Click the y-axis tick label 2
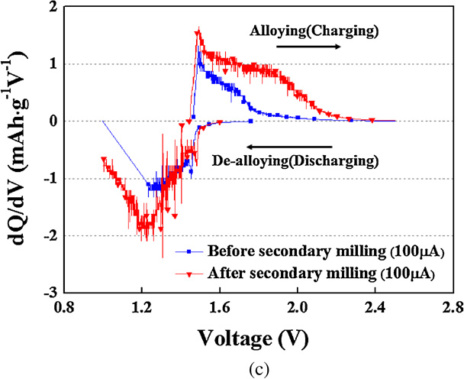click(x=53, y=8)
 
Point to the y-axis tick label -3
click(x=50, y=292)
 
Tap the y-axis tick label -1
click(x=50, y=178)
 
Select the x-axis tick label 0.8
click(x=64, y=309)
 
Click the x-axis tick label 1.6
click(x=220, y=309)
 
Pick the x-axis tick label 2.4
click(x=375, y=309)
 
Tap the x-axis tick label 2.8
click(x=453, y=309)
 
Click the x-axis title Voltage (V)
click(x=253, y=339)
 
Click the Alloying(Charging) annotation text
click(x=314, y=31)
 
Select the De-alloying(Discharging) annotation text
click(x=295, y=161)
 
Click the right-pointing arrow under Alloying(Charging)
click(x=308, y=47)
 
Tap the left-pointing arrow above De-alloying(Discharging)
click(x=290, y=147)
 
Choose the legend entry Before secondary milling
click(x=326, y=251)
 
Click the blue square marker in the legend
click(x=189, y=252)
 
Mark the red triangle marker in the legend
click(x=189, y=274)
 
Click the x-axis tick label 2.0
click(x=298, y=309)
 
